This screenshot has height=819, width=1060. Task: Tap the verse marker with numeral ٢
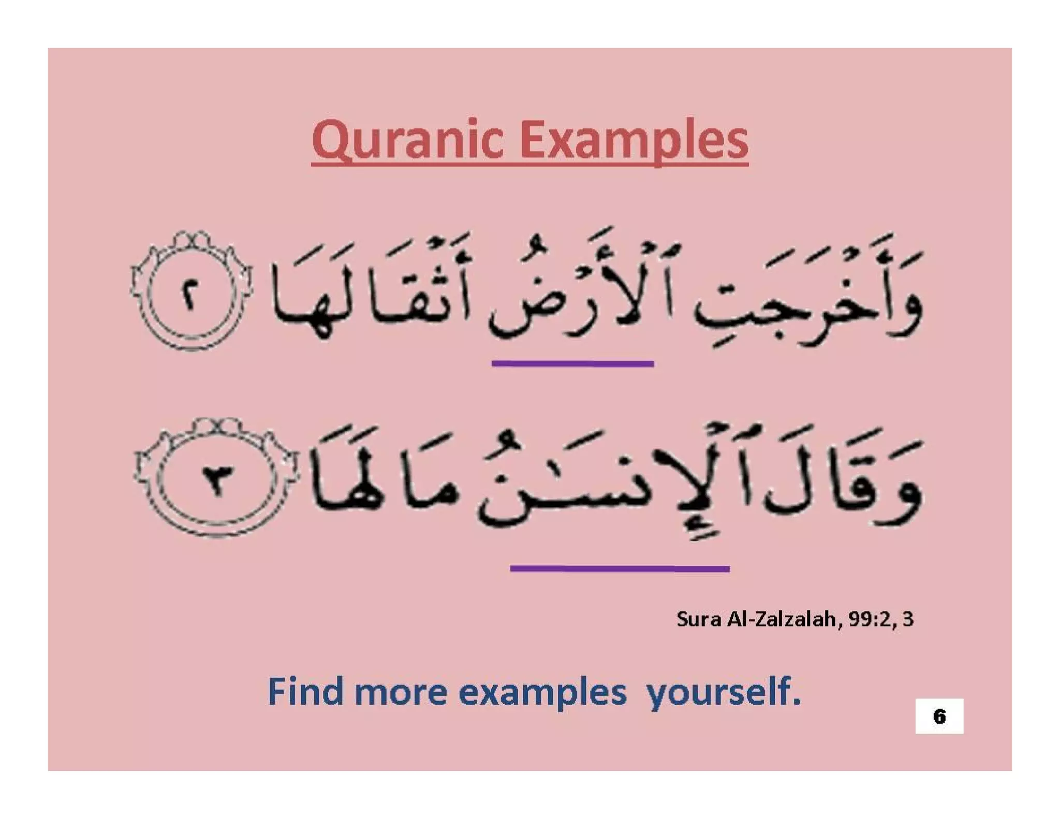190,295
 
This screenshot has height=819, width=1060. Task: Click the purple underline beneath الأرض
572,364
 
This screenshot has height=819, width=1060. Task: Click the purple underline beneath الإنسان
620,568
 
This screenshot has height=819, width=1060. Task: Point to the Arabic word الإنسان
611,481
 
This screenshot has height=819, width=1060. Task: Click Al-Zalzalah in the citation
782,619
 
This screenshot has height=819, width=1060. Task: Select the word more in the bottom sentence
401,693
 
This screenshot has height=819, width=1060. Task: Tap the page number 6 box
939,716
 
